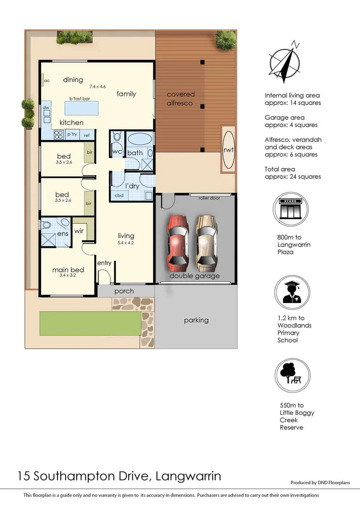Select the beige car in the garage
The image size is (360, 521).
(206, 243)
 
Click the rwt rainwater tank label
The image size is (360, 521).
(228, 150)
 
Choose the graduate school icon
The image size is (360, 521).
(292, 292)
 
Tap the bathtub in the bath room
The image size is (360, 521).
(140, 140)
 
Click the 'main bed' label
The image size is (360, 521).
(68, 270)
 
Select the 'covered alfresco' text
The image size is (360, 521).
(180, 98)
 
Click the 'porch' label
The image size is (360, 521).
(124, 291)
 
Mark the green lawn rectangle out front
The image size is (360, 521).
(90, 323)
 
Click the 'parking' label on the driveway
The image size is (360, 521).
(196, 320)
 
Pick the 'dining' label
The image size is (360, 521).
(73, 80)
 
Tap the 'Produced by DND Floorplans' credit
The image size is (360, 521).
(320, 482)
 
